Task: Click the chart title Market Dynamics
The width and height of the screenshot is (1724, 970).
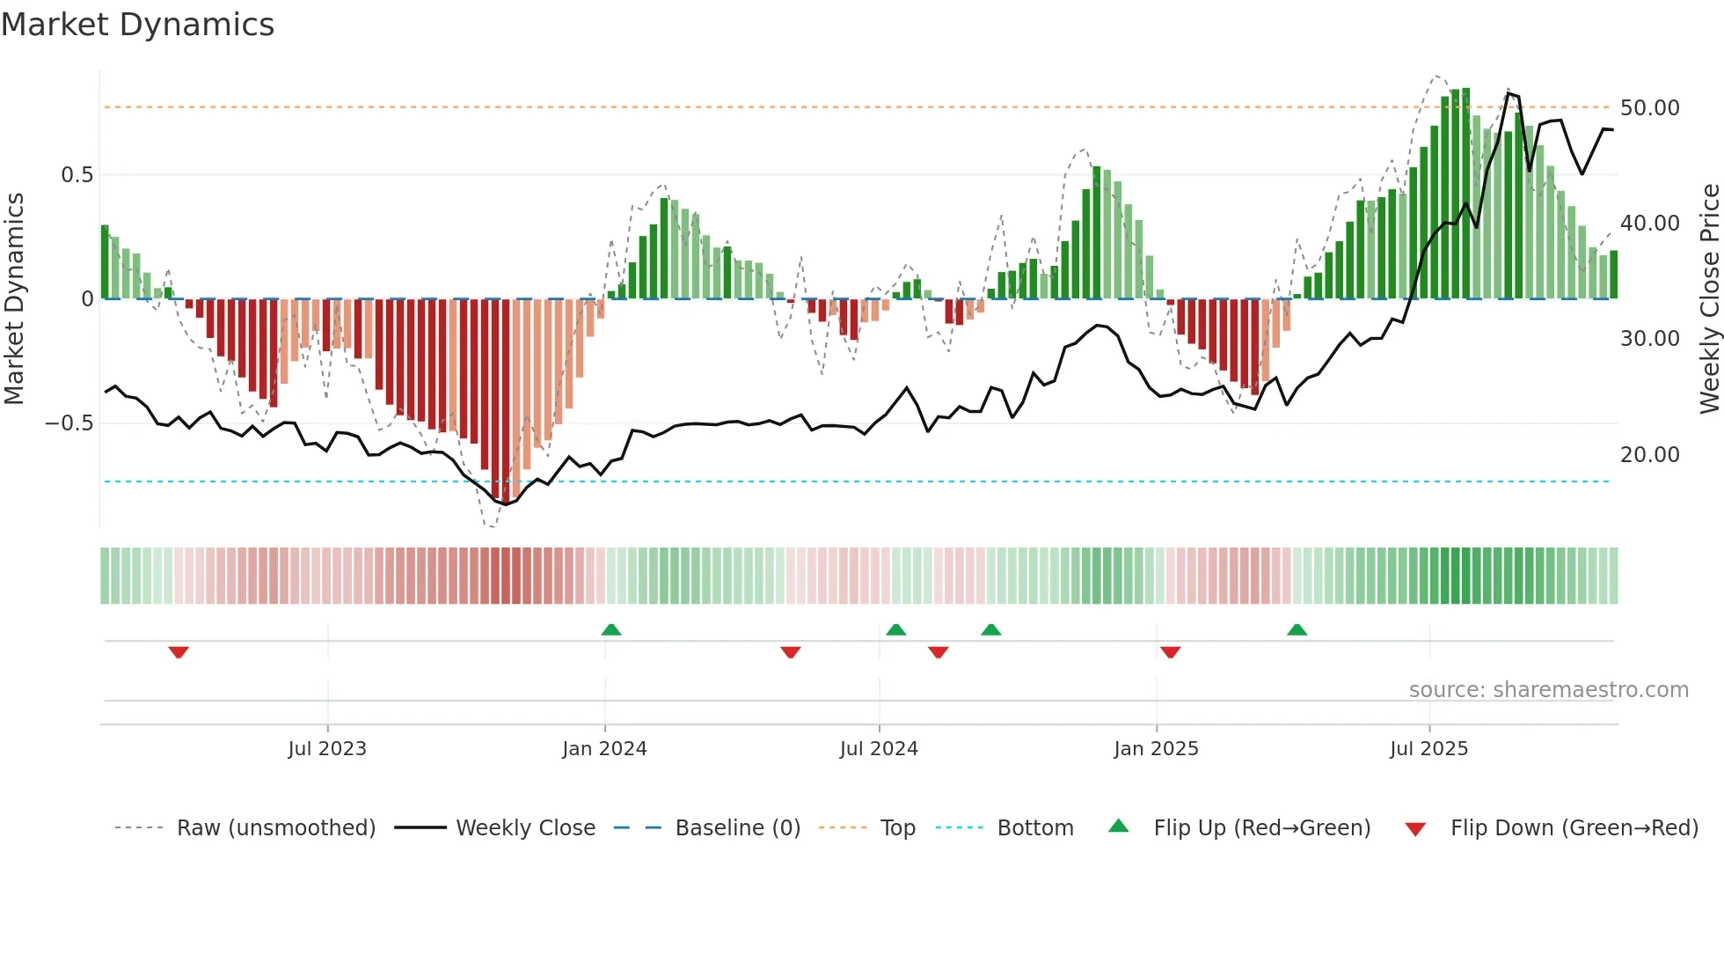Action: click(137, 25)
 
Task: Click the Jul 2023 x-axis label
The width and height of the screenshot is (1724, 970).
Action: click(326, 749)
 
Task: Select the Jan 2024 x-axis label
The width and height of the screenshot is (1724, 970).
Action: click(604, 749)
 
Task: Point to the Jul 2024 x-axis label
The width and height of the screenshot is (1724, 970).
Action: click(879, 749)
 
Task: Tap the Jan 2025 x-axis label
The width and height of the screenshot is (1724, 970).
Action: click(1156, 749)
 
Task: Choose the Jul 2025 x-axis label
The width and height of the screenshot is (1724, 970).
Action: click(1429, 749)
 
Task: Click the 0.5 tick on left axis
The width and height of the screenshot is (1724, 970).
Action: click(77, 175)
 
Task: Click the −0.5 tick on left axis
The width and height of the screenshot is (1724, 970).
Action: click(69, 423)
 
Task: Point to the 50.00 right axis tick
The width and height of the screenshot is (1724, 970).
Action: click(1649, 108)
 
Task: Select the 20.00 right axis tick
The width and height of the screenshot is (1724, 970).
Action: click(1649, 455)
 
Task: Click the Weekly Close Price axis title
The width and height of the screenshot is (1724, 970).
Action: click(1709, 299)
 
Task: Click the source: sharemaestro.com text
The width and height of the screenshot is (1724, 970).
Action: click(1548, 690)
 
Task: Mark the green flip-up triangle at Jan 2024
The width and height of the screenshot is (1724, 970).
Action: click(611, 629)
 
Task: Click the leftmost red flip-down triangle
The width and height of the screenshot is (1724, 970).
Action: click(179, 652)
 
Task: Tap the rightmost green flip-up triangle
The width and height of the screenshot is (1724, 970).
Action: click(1297, 629)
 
